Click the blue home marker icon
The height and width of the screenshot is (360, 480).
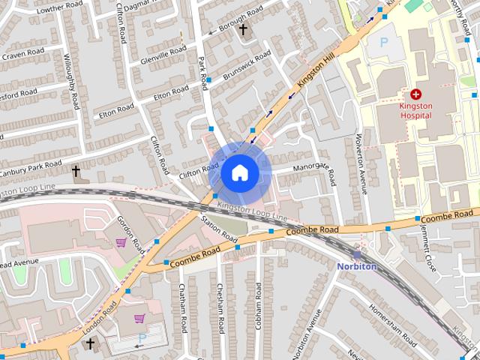(x=238, y=173)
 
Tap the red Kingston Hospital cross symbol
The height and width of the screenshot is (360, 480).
(x=415, y=94)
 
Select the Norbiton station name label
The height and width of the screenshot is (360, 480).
(x=356, y=266)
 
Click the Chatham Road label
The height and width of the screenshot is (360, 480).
(x=181, y=308)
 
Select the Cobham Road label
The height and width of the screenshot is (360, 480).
(x=258, y=308)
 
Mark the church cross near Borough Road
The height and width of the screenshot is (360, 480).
(x=242, y=29)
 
